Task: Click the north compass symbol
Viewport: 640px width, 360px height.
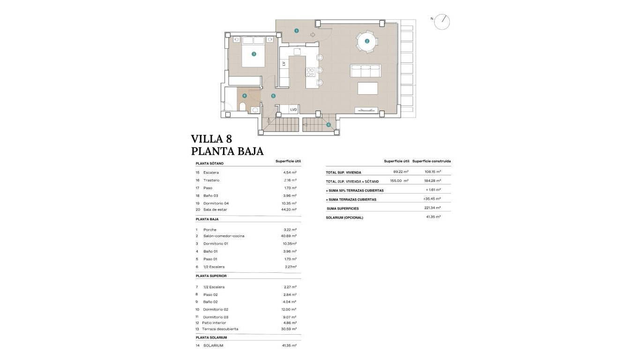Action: pos(441,22)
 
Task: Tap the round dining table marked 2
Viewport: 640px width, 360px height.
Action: pos(367,41)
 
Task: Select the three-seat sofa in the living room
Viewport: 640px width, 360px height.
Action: pos(365,71)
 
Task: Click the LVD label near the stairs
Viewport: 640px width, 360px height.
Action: pos(293,110)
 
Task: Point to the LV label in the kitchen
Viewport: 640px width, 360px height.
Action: pos(284,63)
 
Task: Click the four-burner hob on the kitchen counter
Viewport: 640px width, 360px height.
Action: pos(310,72)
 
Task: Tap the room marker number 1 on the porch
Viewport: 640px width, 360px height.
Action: pos(297,30)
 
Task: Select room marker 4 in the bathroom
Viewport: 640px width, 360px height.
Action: pos(244,96)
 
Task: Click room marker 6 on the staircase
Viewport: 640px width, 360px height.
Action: pos(328,125)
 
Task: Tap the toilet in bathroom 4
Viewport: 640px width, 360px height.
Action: pos(243,107)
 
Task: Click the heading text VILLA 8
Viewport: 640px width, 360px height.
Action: pos(211,139)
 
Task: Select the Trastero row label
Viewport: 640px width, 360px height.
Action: pos(211,180)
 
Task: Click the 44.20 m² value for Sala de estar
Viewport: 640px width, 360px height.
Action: pos(289,210)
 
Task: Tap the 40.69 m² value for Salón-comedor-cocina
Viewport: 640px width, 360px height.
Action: pos(289,236)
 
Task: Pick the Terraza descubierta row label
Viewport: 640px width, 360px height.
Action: pos(220,329)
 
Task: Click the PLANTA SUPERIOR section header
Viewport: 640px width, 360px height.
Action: pos(211,276)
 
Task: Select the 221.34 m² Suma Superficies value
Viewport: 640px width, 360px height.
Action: pos(433,208)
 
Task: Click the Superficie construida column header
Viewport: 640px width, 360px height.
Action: pos(432,161)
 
